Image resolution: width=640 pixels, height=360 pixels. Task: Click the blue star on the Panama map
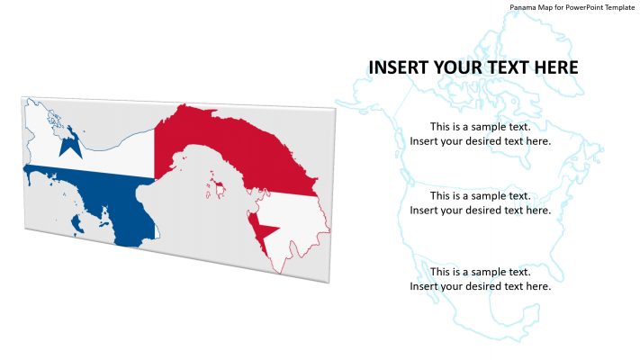point(70,141)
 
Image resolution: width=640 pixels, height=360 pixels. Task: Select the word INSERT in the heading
point(399,67)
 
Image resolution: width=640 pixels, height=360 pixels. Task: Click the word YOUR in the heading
point(458,67)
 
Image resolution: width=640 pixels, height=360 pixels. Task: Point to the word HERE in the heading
point(553,67)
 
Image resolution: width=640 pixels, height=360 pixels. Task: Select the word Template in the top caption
point(619,7)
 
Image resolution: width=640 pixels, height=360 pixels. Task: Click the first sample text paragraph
point(480,133)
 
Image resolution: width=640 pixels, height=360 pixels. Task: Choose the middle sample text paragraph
point(480,202)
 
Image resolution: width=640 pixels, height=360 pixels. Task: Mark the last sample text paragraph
point(480,279)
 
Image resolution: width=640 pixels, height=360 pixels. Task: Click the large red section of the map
point(234,144)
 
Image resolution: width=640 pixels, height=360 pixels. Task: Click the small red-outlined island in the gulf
point(217,188)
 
